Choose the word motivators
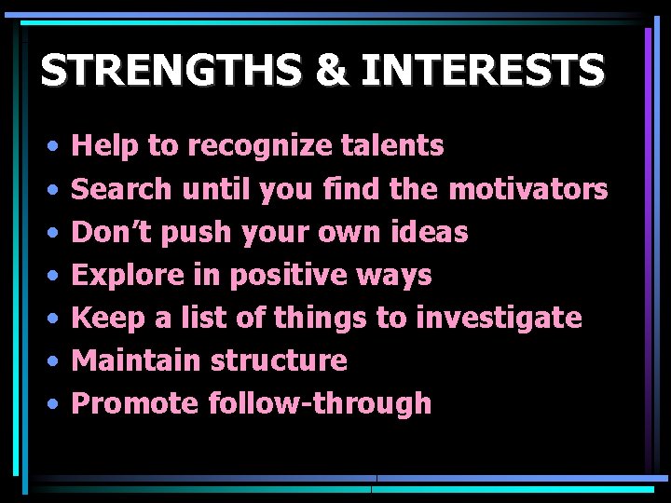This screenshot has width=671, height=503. pos(527,189)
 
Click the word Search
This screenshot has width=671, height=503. pos(122,189)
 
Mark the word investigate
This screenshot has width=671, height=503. pos(499,319)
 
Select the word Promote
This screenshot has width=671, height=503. pos(135,403)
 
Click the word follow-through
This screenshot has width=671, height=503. pos(320,403)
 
